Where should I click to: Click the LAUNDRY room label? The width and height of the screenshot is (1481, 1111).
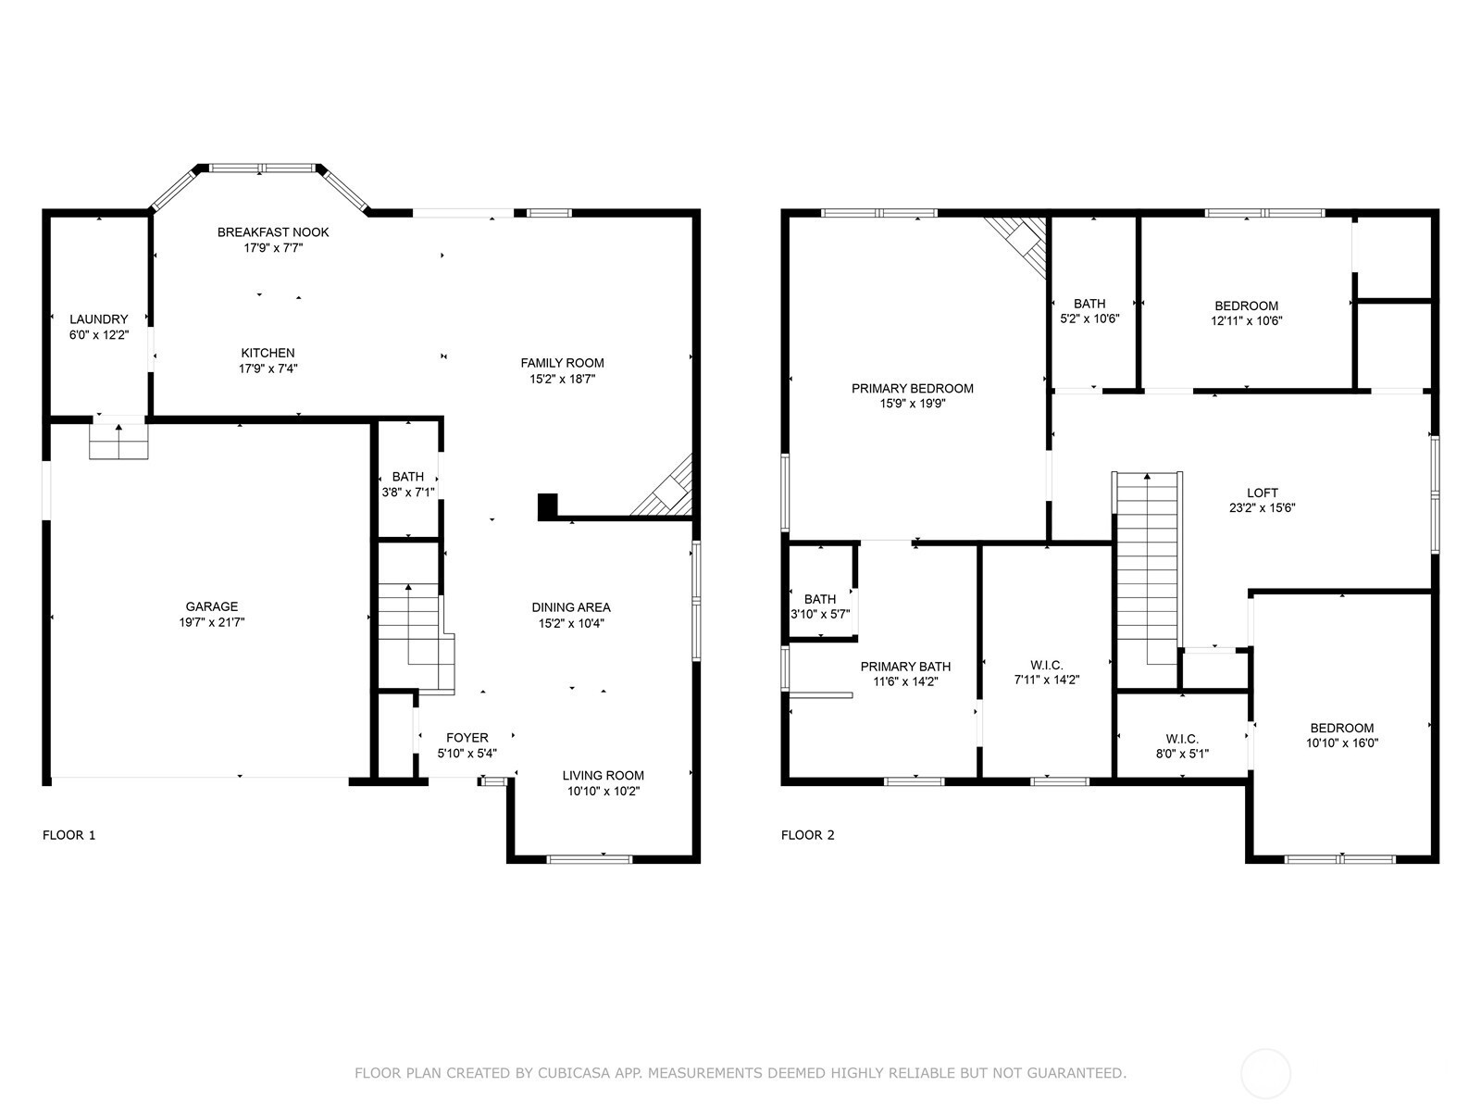click(98, 319)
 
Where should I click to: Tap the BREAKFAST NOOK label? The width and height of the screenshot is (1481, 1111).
click(273, 232)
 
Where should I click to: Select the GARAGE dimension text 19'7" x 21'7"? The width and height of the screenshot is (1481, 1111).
click(212, 622)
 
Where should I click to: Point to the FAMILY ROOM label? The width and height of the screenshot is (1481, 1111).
click(562, 363)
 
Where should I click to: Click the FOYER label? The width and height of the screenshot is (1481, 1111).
click(467, 737)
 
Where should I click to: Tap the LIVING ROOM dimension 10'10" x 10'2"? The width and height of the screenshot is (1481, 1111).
click(604, 791)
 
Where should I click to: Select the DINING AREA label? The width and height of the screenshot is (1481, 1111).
click(571, 607)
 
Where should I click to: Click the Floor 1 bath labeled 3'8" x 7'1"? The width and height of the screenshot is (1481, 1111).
click(408, 484)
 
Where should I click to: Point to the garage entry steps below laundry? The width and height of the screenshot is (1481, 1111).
click(118, 442)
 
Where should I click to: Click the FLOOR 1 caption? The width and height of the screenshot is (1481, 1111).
click(68, 835)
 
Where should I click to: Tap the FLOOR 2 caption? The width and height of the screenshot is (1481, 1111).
click(808, 835)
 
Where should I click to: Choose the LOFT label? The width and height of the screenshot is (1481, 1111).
click(1262, 493)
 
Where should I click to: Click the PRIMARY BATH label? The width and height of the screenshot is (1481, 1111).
click(905, 667)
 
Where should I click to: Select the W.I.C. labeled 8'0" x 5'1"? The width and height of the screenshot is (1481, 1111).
click(1182, 746)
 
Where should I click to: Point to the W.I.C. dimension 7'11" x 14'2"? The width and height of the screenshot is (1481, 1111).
click(1047, 680)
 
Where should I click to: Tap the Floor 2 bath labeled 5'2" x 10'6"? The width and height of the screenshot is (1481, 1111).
click(1089, 311)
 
